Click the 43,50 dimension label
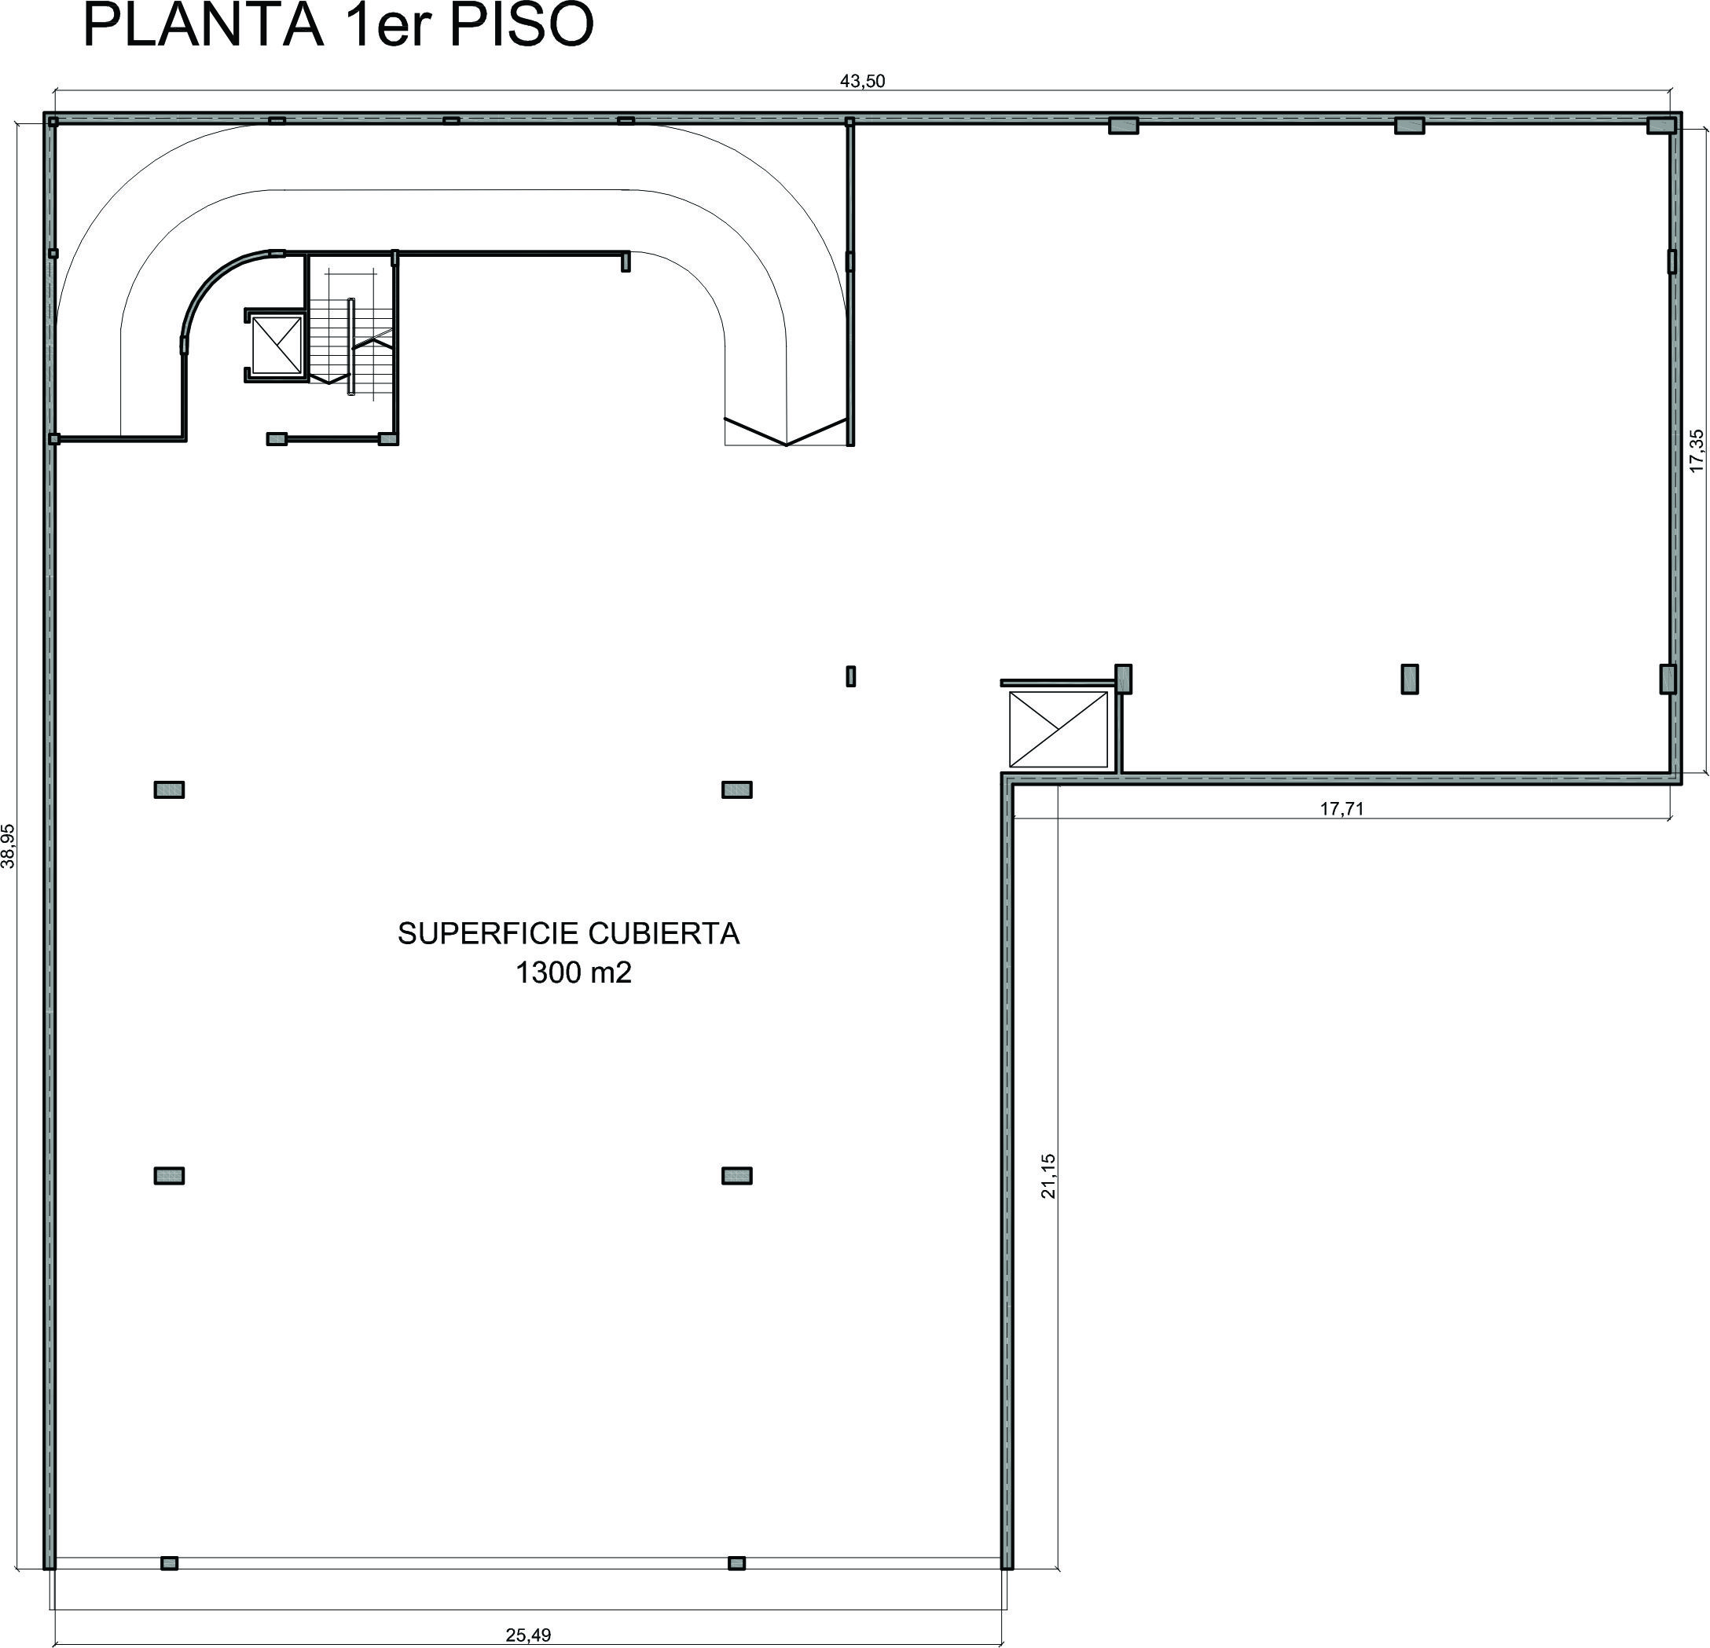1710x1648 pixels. pyautogui.click(x=862, y=81)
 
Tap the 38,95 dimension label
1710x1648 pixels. pyautogui.click(x=9, y=846)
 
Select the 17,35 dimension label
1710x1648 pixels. pyautogui.click(x=1696, y=451)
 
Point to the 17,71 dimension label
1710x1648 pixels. pyautogui.click(x=1341, y=808)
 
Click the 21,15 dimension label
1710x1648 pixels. pyautogui.click(x=1048, y=1175)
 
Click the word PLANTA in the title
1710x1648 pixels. pyautogui.click(x=204, y=25)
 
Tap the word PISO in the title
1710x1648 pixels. pyautogui.click(x=522, y=25)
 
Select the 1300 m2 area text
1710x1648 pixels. pyautogui.click(x=573, y=972)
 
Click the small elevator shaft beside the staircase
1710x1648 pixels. pyautogui.click(x=276, y=346)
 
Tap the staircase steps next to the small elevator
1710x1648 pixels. pyautogui.click(x=350, y=335)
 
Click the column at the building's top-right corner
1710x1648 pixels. pyautogui.click(x=1660, y=126)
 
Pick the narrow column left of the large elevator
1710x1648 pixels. pyautogui.click(x=850, y=676)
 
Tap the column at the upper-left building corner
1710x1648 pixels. pyautogui.click(x=53, y=122)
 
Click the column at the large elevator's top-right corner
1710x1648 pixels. pyautogui.click(x=1124, y=679)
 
